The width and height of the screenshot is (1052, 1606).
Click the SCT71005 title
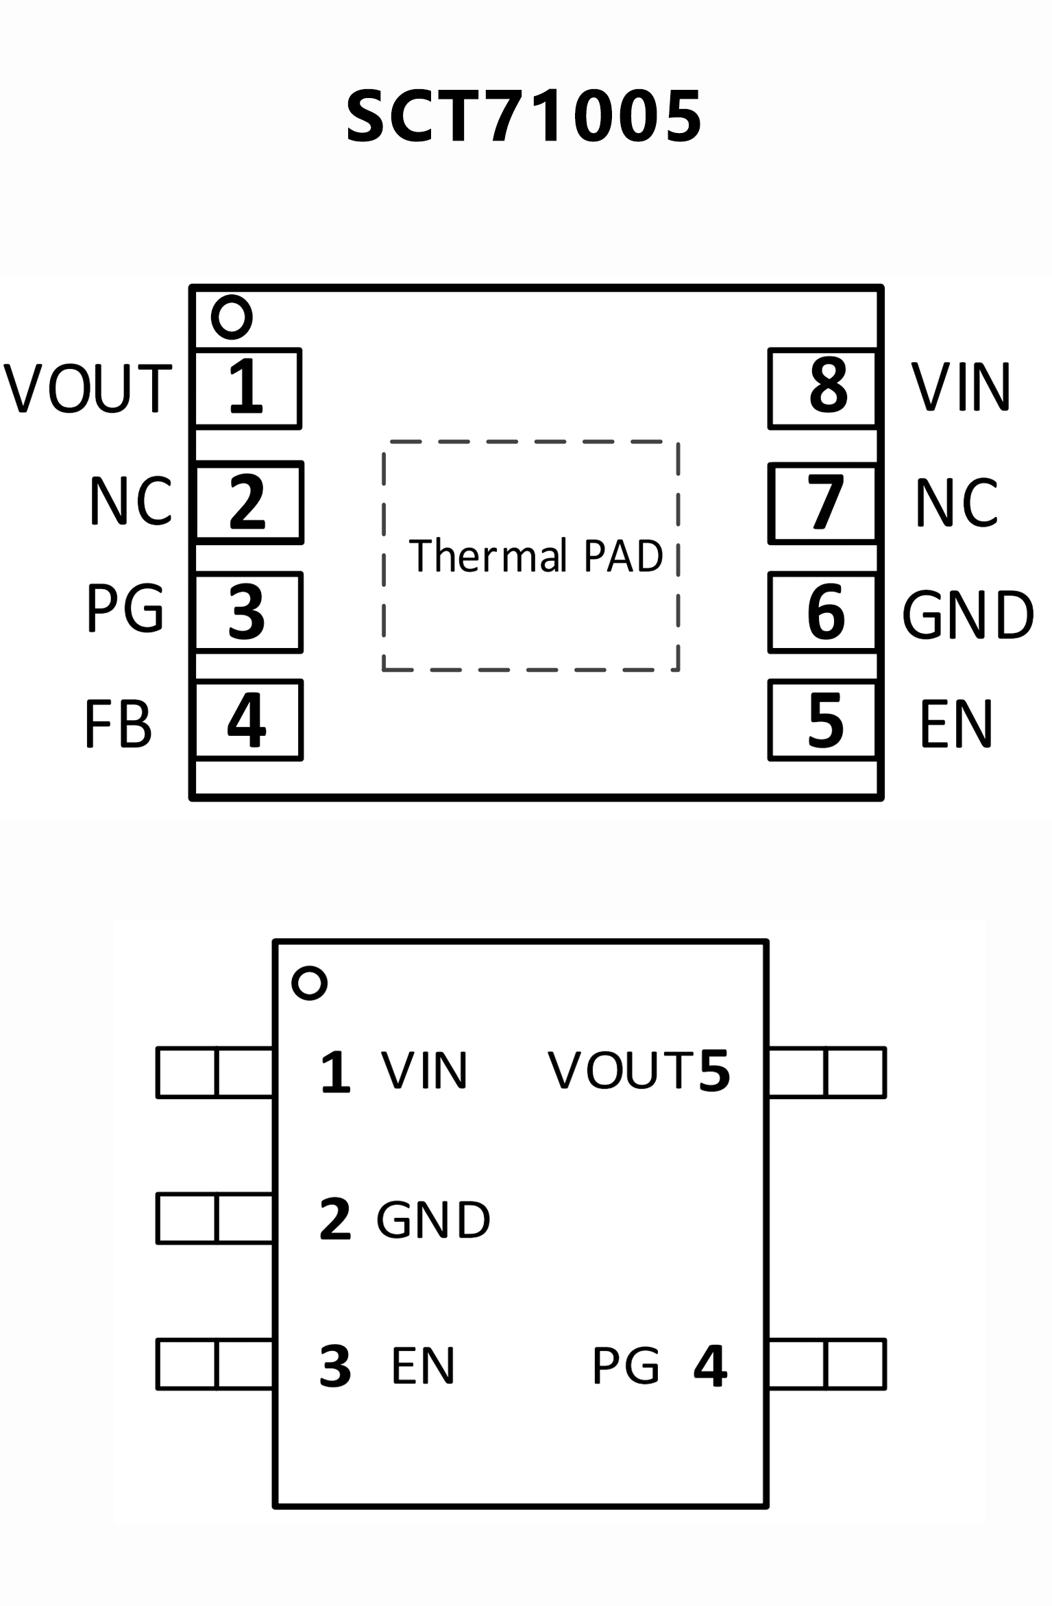click(524, 117)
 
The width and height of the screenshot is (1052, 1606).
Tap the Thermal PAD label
click(536, 555)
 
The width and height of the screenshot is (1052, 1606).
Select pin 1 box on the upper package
click(247, 388)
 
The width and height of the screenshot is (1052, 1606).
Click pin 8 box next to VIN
click(823, 388)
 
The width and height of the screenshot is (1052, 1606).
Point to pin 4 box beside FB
click(247, 720)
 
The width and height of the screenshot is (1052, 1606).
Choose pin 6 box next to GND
click(823, 612)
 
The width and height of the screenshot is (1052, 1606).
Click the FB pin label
click(118, 724)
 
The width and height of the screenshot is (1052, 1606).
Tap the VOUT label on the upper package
click(88, 388)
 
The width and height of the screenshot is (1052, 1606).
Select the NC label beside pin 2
click(130, 502)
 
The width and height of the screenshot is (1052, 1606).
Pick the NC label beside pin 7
click(957, 503)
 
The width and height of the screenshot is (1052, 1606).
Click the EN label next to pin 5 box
click(956, 724)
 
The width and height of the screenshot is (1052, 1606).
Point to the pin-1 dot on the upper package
click(232, 317)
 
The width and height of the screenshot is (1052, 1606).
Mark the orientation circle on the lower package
click(309, 983)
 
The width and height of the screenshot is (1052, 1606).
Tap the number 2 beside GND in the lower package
click(335, 1219)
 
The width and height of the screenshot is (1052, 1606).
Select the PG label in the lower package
click(626, 1366)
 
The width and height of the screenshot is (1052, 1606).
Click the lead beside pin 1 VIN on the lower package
click(215, 1072)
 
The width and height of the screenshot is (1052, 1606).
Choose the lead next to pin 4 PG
click(827, 1365)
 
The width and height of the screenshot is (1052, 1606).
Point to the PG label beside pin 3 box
click(125, 609)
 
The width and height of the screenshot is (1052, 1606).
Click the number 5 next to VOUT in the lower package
click(714, 1070)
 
